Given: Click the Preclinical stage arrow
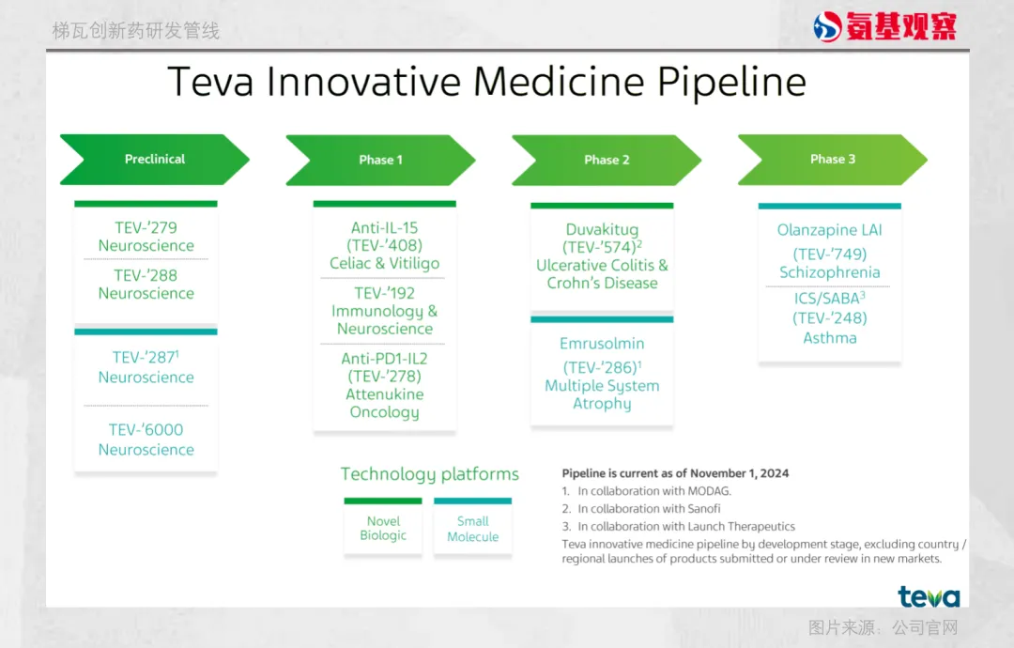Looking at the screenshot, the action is (x=155, y=160).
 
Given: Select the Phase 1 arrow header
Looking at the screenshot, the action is (x=380, y=161).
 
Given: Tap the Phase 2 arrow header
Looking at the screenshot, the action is (x=607, y=161).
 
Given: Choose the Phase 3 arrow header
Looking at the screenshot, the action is (x=833, y=160).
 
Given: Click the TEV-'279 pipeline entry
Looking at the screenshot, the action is (x=146, y=227).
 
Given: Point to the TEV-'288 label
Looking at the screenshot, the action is (x=146, y=275).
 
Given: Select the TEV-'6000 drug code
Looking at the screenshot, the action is (x=146, y=430).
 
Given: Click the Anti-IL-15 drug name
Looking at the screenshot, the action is (x=385, y=227).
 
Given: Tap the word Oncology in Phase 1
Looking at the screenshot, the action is (x=385, y=412).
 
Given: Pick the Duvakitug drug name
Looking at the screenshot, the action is (x=602, y=229).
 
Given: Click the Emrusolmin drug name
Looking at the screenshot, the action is (x=602, y=344).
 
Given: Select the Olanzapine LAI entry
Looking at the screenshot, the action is (x=830, y=230).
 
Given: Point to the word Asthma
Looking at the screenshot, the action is (x=830, y=338).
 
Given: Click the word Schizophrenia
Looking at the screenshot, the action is (x=830, y=272).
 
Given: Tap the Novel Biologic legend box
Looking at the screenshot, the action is (x=383, y=527).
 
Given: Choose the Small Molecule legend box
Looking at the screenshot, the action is (x=472, y=527).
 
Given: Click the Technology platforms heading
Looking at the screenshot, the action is (x=430, y=474).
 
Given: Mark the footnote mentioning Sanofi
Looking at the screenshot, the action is (x=641, y=509).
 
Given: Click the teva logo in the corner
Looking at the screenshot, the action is (x=929, y=596).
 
